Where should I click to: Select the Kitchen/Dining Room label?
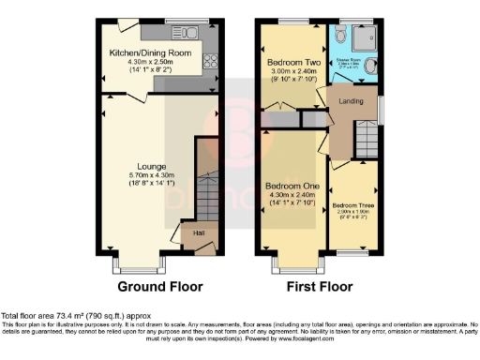(x=151, y=53)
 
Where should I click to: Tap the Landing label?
(x=351, y=101)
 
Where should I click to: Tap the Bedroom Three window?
(x=352, y=252)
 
